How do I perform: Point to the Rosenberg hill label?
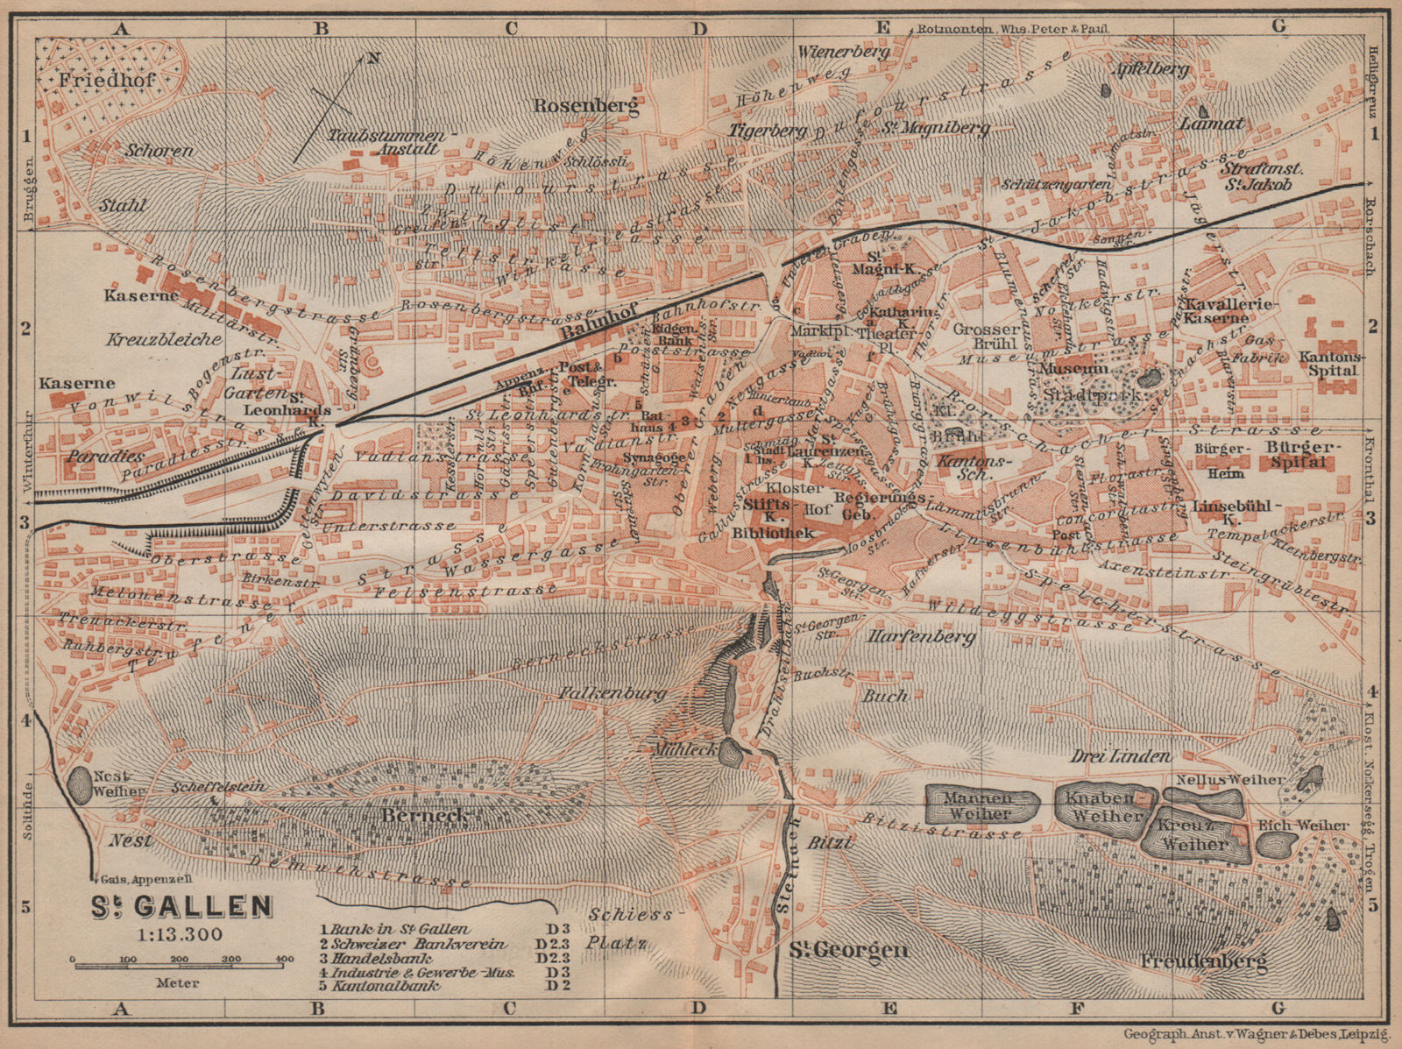(x=585, y=106)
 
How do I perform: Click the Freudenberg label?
(x=1204, y=961)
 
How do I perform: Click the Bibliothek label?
(x=773, y=533)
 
